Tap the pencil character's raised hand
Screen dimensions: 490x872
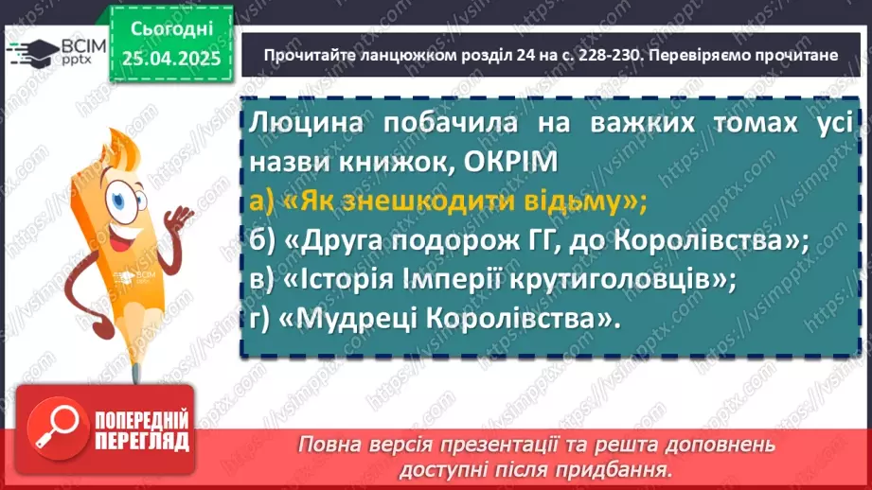click(x=176, y=220)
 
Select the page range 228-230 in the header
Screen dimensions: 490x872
click(x=583, y=55)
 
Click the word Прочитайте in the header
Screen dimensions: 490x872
click(x=311, y=55)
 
